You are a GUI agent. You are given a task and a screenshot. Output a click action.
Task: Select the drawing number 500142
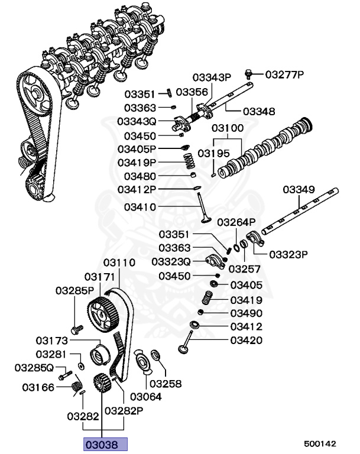click(320, 442)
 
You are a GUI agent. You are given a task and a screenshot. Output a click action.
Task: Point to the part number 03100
click(228, 128)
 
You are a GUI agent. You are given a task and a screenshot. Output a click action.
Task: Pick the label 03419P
click(137, 162)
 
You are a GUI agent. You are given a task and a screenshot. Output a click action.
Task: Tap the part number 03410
click(140, 207)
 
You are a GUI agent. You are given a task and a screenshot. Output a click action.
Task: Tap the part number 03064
click(145, 397)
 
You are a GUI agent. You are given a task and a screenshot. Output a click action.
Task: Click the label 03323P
click(289, 255)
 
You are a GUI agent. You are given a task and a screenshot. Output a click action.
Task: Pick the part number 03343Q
click(137, 121)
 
